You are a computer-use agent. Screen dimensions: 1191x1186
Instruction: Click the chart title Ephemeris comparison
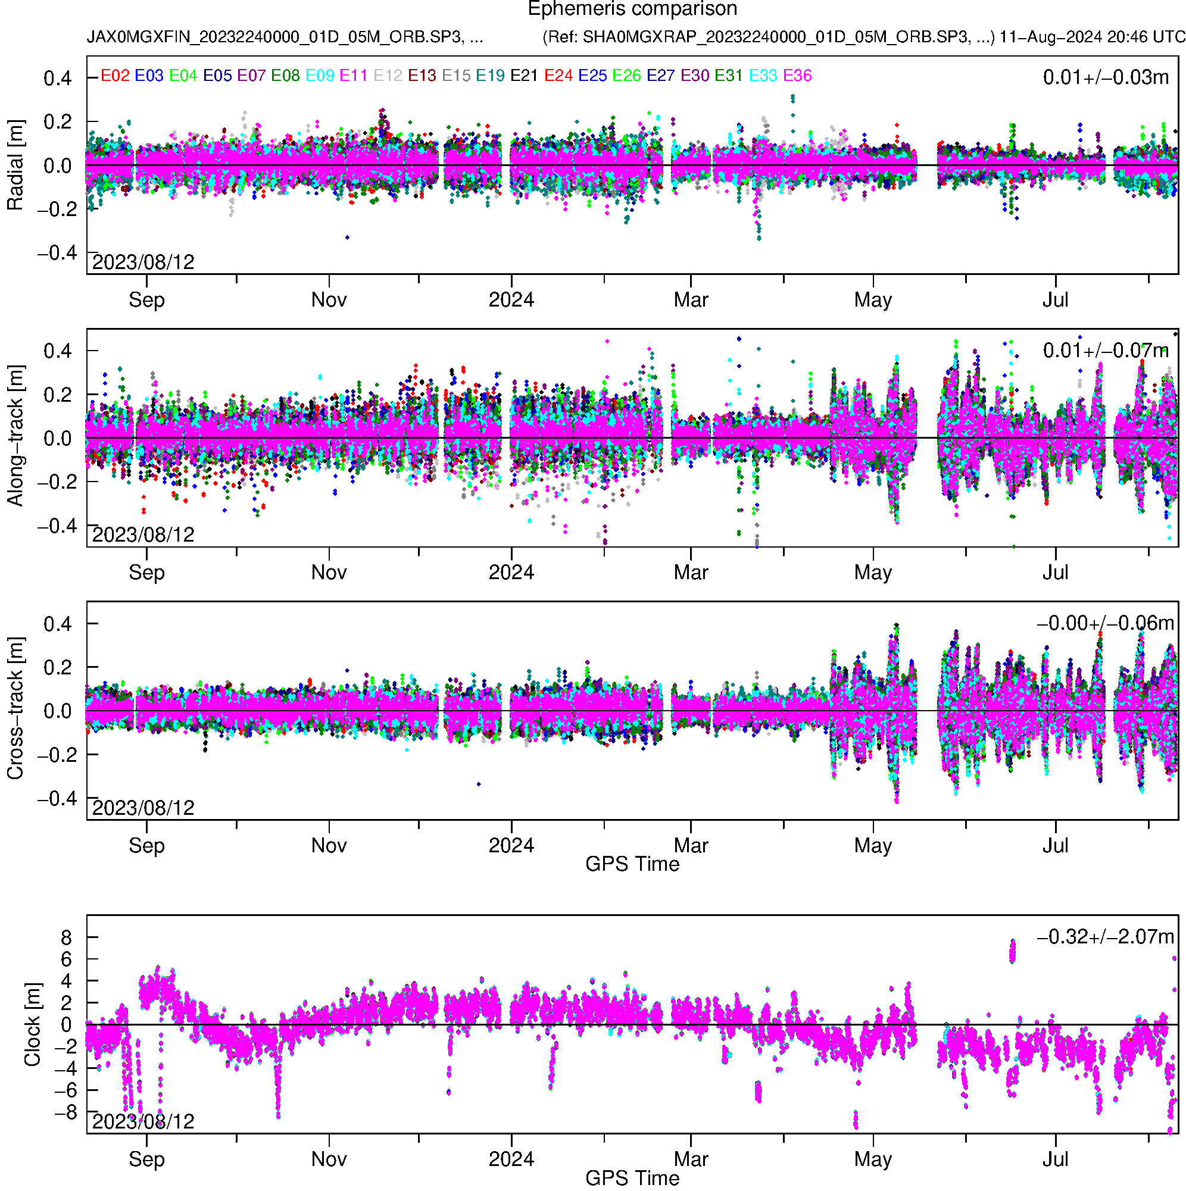point(632,10)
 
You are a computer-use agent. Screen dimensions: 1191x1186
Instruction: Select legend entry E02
point(115,76)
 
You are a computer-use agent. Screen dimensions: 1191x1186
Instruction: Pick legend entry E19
point(491,76)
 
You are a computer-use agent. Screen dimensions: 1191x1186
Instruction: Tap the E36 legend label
point(797,76)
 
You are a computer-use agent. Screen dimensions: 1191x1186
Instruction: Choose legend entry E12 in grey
point(388,76)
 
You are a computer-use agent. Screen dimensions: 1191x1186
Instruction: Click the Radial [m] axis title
point(15,165)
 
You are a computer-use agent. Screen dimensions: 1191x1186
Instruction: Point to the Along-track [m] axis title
point(15,436)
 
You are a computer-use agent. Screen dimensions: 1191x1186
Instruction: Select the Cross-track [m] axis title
point(15,709)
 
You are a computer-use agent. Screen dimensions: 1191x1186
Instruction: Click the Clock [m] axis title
point(32,1024)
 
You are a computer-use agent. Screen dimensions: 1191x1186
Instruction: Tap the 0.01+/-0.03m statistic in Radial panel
point(1105,77)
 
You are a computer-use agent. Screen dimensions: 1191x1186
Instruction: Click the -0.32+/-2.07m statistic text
point(1105,937)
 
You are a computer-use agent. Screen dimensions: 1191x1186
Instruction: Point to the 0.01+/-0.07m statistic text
point(1105,351)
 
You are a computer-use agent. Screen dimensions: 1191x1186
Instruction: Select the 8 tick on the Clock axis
point(66,937)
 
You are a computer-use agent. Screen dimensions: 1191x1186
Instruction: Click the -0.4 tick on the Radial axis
point(57,253)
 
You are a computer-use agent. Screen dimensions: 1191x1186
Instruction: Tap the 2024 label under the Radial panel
point(511,300)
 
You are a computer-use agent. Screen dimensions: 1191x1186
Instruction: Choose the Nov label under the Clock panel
point(329,1159)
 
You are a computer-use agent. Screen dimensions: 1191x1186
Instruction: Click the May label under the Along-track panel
point(873,573)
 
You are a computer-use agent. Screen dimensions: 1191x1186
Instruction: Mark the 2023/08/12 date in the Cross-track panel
point(143,808)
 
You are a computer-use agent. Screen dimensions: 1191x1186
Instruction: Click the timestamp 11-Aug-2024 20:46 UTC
point(1093,37)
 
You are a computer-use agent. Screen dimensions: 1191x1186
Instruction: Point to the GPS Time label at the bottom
point(632,1178)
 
